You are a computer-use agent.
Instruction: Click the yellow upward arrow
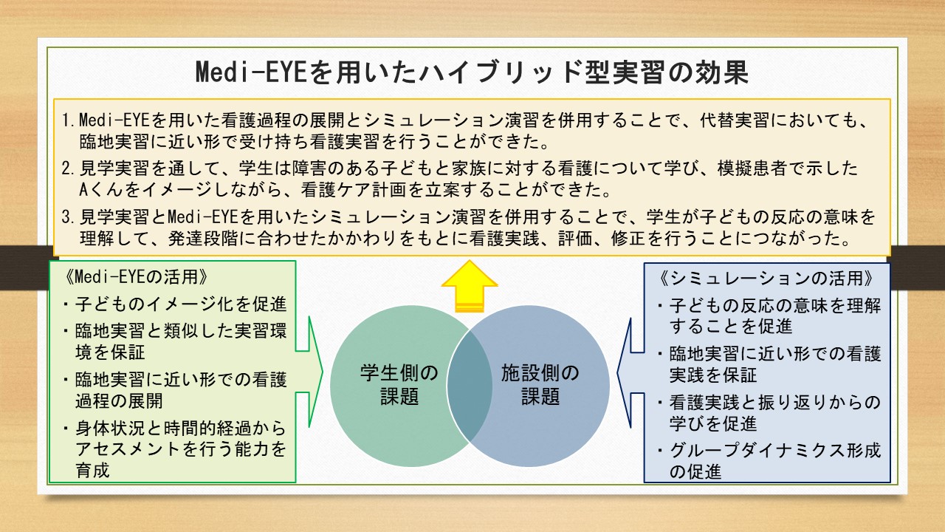click(470, 286)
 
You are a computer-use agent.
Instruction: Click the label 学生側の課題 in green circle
click(399, 385)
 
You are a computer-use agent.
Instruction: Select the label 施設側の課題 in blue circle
click(540, 385)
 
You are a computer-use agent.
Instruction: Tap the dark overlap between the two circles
click(470, 386)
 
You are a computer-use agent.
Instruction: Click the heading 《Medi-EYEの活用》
click(137, 277)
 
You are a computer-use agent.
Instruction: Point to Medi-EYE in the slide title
click(250, 72)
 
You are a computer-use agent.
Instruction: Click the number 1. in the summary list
click(69, 120)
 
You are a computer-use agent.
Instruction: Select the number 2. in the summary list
click(69, 168)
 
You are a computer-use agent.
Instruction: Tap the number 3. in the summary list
click(69, 217)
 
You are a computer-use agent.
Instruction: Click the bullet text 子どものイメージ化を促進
click(181, 304)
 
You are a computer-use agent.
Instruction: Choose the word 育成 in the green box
click(93, 470)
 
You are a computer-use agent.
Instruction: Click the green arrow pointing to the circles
click(309, 372)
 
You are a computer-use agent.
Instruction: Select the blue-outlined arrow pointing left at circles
click(630, 373)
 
